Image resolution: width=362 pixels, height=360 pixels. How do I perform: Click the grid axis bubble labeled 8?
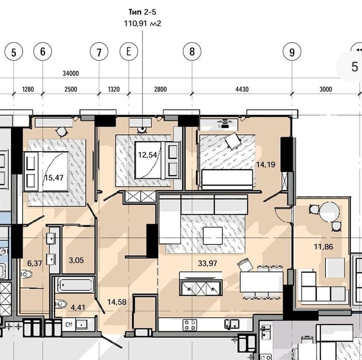pyautogui.click(x=192, y=51)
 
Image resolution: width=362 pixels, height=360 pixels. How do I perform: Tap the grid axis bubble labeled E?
pyautogui.click(x=129, y=51)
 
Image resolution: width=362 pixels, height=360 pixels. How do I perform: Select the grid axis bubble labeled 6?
pyautogui.click(x=43, y=51)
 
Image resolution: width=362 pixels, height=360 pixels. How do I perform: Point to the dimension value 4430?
pyautogui.click(x=242, y=89)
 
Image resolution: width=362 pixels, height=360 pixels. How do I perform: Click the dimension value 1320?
pyautogui.click(x=114, y=89)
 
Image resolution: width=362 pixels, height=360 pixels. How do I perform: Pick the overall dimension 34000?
pyautogui.click(x=71, y=74)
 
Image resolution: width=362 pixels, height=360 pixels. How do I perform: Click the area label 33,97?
pyautogui.click(x=208, y=263)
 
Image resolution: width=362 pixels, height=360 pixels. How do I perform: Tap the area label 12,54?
pyautogui.click(x=147, y=155)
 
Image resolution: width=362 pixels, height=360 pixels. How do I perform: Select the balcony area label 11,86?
pyautogui.click(x=323, y=247)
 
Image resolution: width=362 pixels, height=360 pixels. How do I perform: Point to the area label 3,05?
pyautogui.click(x=76, y=260)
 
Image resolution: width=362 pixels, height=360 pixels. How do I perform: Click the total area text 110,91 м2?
pyautogui.click(x=143, y=24)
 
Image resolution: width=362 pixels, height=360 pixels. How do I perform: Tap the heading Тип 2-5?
pyautogui.click(x=143, y=12)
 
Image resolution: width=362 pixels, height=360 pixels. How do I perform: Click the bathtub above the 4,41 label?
pyautogui.click(x=75, y=285)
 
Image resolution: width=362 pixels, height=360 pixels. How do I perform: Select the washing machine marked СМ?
pyautogui.click(x=69, y=325)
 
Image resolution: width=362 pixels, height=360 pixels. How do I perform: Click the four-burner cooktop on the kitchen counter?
pyautogui.click(x=190, y=325)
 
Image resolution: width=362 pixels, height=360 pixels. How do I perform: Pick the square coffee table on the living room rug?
pyautogui.click(x=213, y=236)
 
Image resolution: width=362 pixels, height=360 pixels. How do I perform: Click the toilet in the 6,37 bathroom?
pyautogui.click(x=27, y=275)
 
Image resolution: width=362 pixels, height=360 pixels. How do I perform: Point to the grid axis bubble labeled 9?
pyautogui.click(x=292, y=51)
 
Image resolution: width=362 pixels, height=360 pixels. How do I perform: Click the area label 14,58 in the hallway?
pyautogui.click(x=117, y=302)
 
